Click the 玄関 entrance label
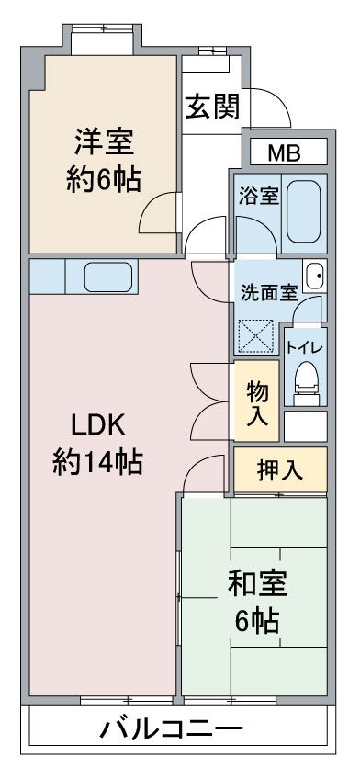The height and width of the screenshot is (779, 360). [x=213, y=107]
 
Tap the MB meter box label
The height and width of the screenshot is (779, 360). [x=285, y=152]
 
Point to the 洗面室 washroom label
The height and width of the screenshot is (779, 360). [x=269, y=293]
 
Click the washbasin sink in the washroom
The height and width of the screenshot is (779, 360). [x=314, y=274]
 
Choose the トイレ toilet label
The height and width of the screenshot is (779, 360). [x=304, y=346]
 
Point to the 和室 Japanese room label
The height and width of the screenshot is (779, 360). [x=257, y=582]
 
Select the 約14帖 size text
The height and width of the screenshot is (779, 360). [x=97, y=462]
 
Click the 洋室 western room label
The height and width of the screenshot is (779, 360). [x=104, y=142]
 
